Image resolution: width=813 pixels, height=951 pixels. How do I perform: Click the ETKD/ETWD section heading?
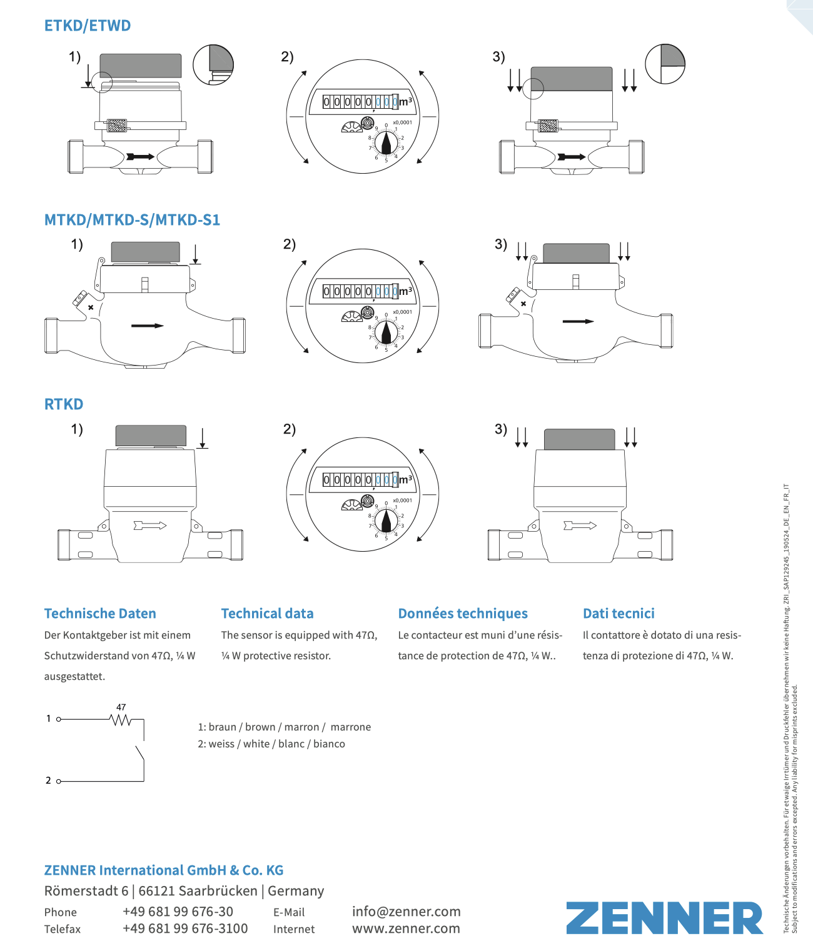(88, 26)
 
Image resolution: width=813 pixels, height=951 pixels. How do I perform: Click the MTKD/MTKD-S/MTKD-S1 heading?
(132, 220)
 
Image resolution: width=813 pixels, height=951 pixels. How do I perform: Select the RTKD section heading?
(64, 404)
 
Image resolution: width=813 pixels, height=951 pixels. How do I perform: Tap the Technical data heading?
(267, 614)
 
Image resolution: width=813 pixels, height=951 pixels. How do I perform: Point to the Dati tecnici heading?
(619, 614)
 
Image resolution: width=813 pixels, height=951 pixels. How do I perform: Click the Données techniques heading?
(463, 614)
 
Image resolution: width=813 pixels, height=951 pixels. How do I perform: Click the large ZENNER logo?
(664, 918)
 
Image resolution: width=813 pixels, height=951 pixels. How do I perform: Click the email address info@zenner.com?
(406, 912)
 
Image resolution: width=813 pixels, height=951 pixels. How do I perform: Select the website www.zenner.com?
(406, 929)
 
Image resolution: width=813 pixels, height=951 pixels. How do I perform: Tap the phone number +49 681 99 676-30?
(178, 912)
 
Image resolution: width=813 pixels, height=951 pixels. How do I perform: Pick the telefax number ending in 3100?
(185, 929)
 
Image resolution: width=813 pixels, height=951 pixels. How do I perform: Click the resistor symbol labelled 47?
(121, 720)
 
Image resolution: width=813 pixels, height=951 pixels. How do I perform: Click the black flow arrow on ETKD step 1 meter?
(140, 156)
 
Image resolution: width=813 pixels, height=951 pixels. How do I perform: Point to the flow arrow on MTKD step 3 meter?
(578, 322)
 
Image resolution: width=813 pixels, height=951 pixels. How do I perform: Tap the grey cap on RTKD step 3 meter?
(580, 439)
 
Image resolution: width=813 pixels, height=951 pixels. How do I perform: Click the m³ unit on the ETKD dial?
(406, 101)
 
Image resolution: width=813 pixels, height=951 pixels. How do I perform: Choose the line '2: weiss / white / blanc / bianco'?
(271, 744)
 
